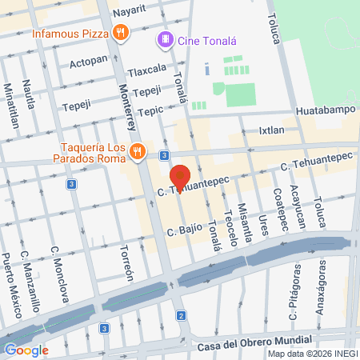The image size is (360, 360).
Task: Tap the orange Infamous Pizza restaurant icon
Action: point(120,32)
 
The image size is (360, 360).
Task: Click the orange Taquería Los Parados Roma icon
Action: point(138,150)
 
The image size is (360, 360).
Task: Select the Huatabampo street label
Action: point(323,111)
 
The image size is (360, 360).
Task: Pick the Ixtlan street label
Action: point(271,129)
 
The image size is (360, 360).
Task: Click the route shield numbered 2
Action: point(182,316)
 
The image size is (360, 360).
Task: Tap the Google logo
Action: point(26,350)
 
